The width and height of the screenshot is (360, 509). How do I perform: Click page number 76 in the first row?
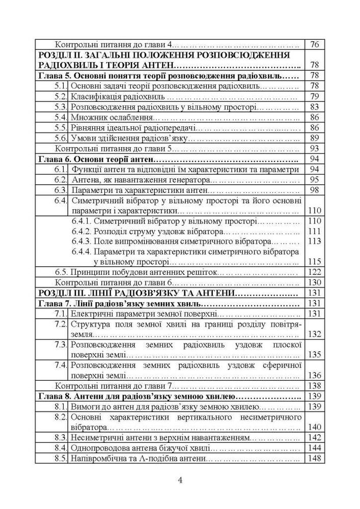coord(314,44)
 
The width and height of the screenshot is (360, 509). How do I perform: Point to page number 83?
coord(314,107)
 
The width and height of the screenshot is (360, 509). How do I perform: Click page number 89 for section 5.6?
coord(314,138)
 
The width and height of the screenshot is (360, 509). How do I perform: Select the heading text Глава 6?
coord(53,159)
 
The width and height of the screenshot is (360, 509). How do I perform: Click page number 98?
coord(314,190)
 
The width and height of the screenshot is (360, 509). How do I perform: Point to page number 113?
coord(314,241)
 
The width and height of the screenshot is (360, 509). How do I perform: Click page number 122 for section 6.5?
coord(314,272)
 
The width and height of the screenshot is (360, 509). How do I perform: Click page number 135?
coord(314,354)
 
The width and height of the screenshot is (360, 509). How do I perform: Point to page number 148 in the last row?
coord(314,459)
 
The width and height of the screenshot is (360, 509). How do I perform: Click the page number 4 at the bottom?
coord(180,480)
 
